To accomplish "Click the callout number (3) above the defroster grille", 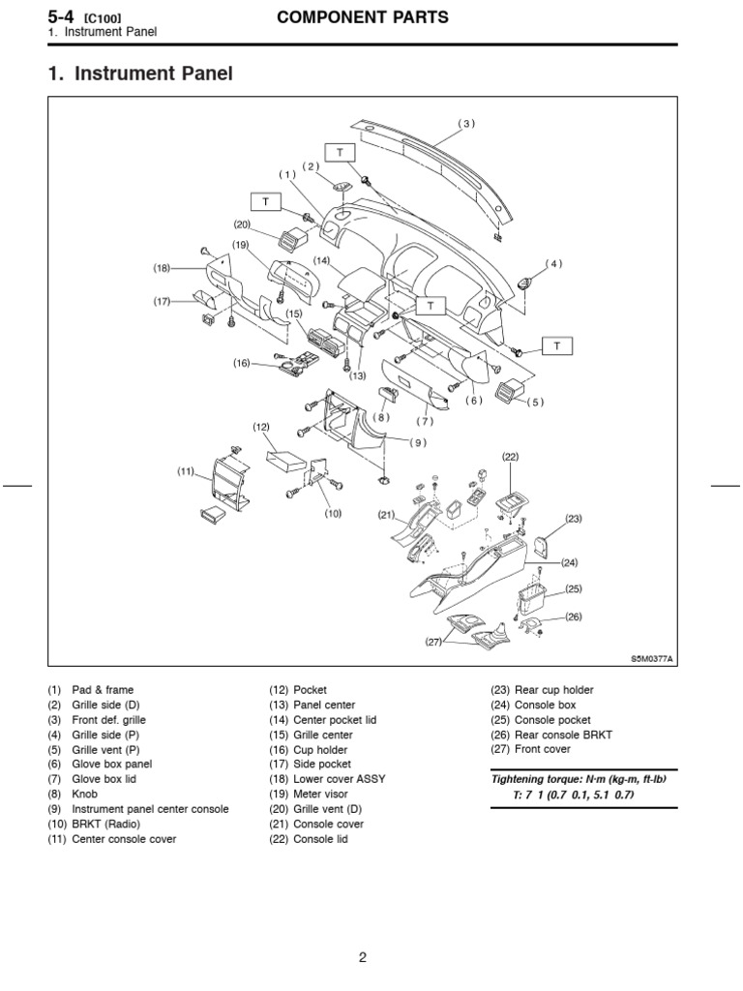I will tap(468, 123).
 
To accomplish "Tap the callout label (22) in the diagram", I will tap(511, 456).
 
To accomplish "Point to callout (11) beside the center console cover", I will tap(187, 471).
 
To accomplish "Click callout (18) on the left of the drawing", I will tap(162, 267).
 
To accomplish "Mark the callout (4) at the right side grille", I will tap(553, 263).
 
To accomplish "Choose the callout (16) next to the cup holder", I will tap(242, 363).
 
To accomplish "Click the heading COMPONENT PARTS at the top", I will tap(363, 18).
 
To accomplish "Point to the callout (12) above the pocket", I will tap(261, 427).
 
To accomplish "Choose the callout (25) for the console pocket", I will tap(573, 588).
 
